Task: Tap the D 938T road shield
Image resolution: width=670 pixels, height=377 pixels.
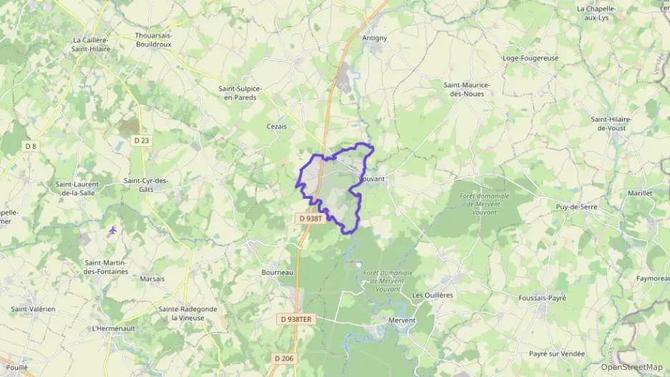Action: [311, 218]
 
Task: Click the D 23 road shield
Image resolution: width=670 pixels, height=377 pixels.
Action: [142, 141]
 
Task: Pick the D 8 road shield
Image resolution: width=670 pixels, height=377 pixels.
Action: [31, 146]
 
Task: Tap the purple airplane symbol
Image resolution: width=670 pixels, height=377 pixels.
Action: [113, 230]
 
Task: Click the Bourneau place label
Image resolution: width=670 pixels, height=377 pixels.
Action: [278, 273]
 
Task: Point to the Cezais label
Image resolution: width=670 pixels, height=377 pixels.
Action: [276, 126]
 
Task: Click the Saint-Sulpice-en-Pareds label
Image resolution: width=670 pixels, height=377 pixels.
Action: [240, 93]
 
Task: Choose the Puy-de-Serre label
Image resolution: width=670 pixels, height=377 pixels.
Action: [576, 206]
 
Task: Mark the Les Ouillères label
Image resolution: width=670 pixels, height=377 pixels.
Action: [432, 295]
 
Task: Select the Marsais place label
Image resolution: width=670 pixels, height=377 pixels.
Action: [152, 279]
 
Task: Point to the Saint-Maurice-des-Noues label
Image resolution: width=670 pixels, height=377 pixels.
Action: [467, 89]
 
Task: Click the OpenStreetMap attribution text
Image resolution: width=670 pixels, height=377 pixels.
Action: [631, 367]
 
